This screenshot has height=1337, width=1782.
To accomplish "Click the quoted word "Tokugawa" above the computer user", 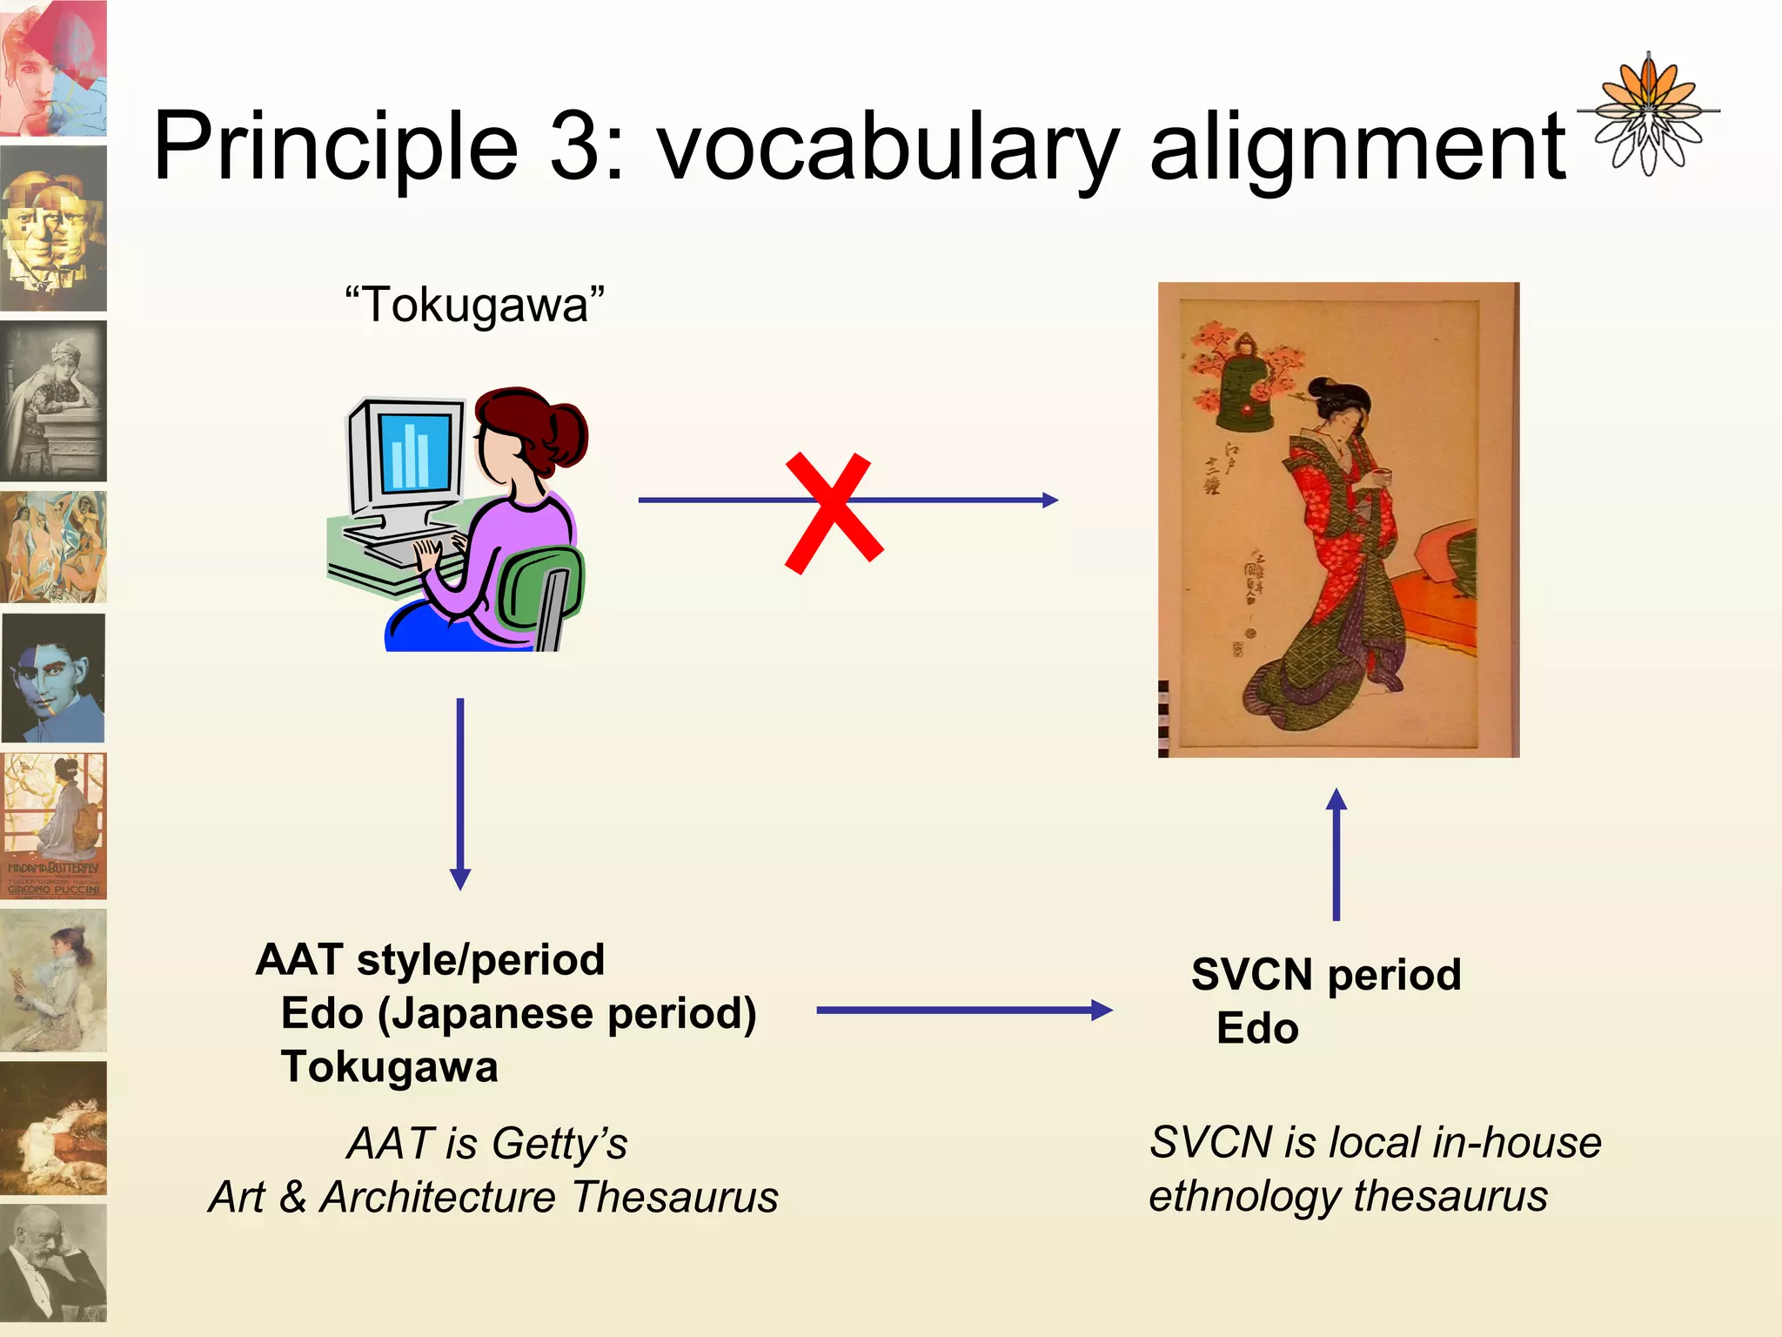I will (x=474, y=306).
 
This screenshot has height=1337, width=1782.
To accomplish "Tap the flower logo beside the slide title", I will (x=1647, y=113).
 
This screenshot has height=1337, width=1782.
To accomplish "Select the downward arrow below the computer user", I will (x=460, y=792).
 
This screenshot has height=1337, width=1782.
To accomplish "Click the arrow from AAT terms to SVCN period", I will (x=964, y=1010).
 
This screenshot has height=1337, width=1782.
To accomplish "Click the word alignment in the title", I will (x=1357, y=148).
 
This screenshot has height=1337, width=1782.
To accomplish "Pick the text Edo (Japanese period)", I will (x=519, y=1013).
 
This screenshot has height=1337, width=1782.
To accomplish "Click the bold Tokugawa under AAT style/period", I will (x=389, y=1067).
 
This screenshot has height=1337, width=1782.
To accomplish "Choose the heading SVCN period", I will (x=1325, y=974).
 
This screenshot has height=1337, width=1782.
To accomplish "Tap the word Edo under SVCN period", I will (x=1257, y=1028).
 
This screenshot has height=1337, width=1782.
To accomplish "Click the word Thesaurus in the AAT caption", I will (x=674, y=1197).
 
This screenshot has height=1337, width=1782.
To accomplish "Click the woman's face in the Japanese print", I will (x=1347, y=420).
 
